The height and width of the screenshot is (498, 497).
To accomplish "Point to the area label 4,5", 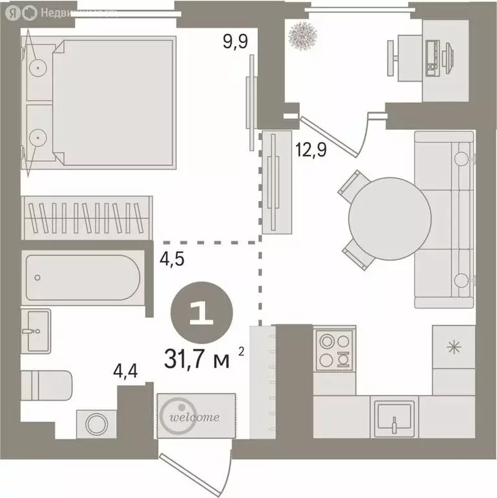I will coord(173,259).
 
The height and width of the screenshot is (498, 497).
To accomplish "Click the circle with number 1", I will coord(202,314).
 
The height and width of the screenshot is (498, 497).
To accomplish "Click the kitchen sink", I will coord(394,416).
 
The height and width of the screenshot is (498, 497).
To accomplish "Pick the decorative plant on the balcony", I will coord(302,36).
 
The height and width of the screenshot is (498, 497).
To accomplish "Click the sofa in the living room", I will coord(444,219).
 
